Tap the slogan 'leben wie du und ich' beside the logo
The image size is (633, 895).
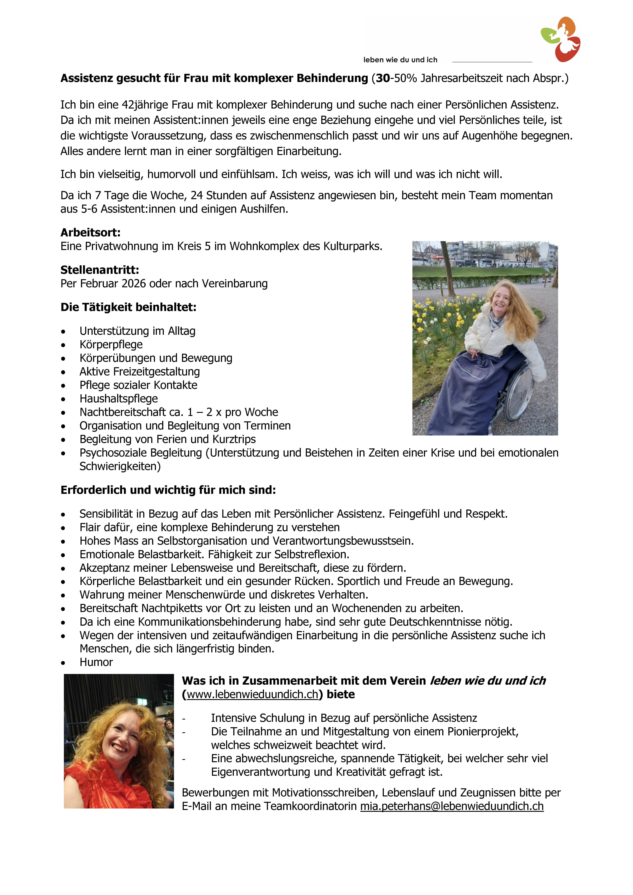click(x=400, y=60)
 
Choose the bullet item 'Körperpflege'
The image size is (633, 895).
click(x=111, y=345)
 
